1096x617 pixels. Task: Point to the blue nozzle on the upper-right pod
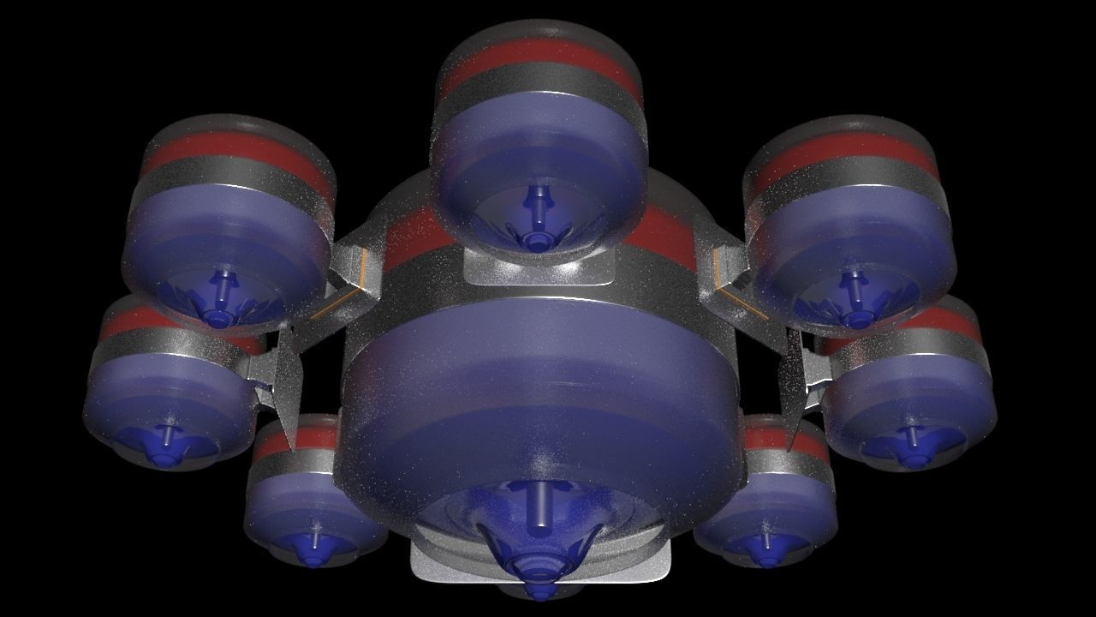(x=855, y=308)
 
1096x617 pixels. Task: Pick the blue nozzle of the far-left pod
(x=164, y=450)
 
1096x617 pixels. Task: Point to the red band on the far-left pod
(x=128, y=321)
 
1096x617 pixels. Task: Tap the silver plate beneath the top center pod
(x=539, y=270)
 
